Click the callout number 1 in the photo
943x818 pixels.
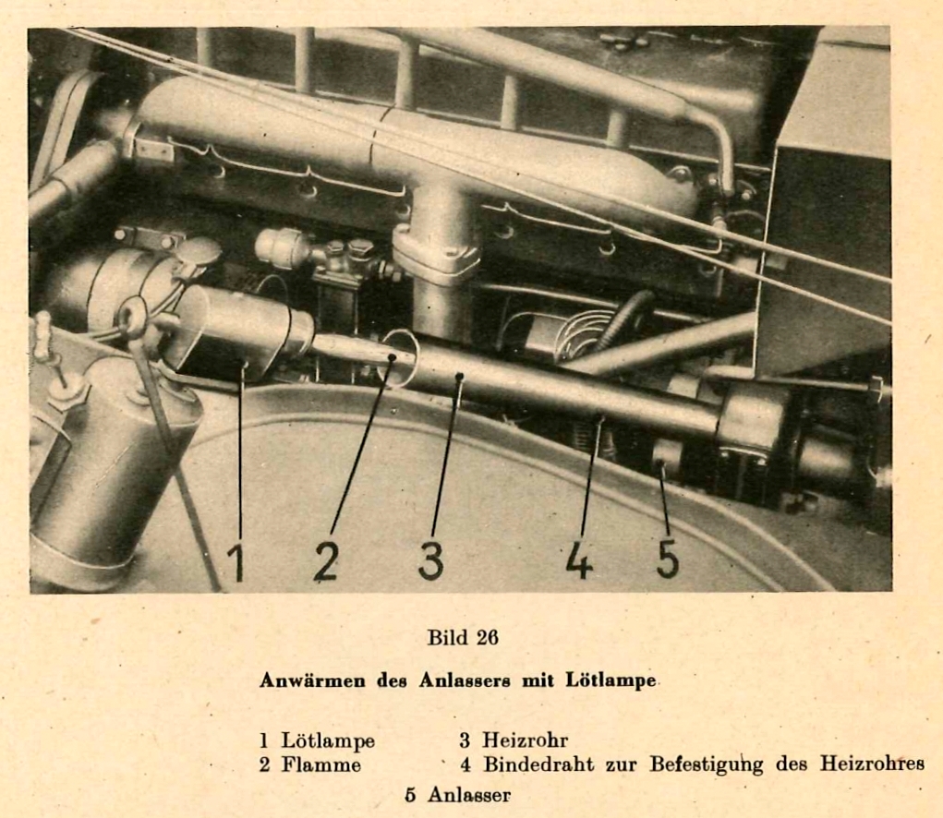pyautogui.click(x=236, y=561)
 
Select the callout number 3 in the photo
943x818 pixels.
pyautogui.click(x=431, y=560)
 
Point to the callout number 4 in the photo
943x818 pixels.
pyautogui.click(x=578, y=559)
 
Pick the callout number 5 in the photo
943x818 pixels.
pyautogui.click(x=668, y=559)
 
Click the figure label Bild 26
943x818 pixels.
pyautogui.click(x=463, y=637)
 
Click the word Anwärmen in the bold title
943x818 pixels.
pyautogui.click(x=312, y=680)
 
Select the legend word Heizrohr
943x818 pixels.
pyautogui.click(x=525, y=740)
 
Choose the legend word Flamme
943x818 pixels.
pyautogui.click(x=321, y=764)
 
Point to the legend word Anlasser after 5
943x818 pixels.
pyautogui.click(x=469, y=795)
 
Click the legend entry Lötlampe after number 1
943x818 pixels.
pyautogui.click(x=328, y=740)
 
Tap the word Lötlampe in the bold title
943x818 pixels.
pyautogui.click(x=611, y=680)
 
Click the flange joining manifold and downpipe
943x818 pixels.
pyautogui.click(x=436, y=256)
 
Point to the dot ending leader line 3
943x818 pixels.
pyautogui.click(x=459, y=377)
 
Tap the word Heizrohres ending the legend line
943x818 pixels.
pyautogui.click(x=872, y=764)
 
